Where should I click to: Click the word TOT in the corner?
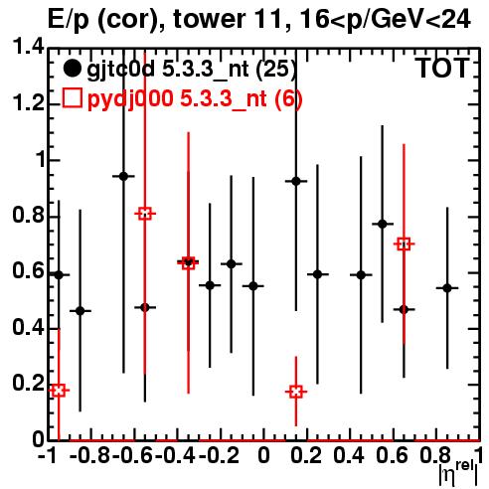click(x=443, y=68)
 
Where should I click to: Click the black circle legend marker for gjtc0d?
click(x=72, y=69)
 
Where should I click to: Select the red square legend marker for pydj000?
click(x=72, y=97)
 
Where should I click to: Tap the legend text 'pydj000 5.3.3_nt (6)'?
click(x=195, y=99)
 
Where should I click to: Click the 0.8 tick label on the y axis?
click(x=28, y=216)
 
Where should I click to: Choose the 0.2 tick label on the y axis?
click(x=28, y=384)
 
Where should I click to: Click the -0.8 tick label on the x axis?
click(x=90, y=455)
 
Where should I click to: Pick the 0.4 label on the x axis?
click(x=349, y=455)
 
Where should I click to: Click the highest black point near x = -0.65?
click(x=123, y=176)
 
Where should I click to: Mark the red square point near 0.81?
click(x=145, y=214)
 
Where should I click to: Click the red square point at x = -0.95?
click(x=59, y=391)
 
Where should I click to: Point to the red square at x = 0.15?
click(x=296, y=392)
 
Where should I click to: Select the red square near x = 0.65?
click(x=404, y=244)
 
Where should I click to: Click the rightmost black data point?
click(x=447, y=288)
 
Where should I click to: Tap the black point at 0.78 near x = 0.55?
click(x=383, y=225)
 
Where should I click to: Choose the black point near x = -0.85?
click(x=81, y=311)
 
